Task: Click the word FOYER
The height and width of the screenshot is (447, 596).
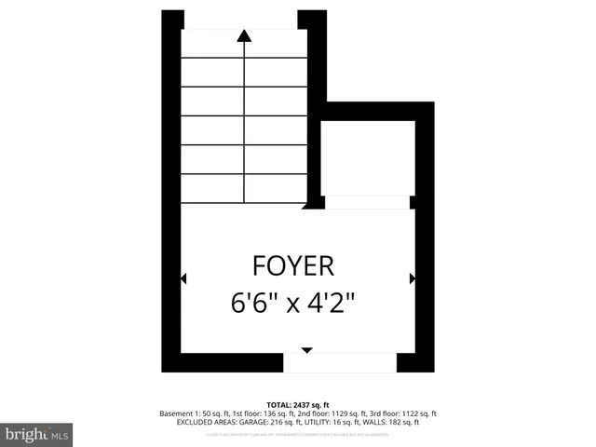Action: (x=292, y=266)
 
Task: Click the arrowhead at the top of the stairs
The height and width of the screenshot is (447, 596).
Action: (x=244, y=36)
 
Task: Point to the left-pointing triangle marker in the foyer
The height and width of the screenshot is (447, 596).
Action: (x=183, y=278)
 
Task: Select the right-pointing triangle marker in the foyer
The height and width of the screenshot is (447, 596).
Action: (x=412, y=278)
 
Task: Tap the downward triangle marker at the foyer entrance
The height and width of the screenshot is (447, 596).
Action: (x=306, y=350)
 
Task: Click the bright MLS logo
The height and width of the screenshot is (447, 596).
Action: (x=37, y=433)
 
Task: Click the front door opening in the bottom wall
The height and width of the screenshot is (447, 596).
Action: (x=340, y=363)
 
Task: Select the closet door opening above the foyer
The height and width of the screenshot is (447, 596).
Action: (x=365, y=202)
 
